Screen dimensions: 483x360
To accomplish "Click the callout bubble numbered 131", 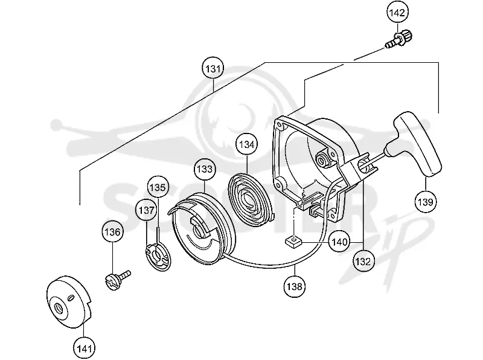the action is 213,68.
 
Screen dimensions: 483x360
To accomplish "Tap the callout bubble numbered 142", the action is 397,13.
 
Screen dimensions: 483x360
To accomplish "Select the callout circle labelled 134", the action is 247,144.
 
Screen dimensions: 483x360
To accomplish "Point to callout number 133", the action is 205,169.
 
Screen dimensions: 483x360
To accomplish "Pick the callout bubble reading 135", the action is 158,187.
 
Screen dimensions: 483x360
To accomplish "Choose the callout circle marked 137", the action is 146,210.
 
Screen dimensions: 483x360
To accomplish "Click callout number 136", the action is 112,232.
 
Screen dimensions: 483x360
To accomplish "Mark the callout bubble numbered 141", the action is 84,349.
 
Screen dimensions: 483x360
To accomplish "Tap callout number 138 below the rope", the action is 295,286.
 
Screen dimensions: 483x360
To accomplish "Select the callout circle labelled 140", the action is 339,242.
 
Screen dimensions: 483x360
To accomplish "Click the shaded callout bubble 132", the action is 363,262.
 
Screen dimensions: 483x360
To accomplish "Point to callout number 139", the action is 426,202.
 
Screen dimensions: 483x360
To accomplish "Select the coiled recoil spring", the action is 251,198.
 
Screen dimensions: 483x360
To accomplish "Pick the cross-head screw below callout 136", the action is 117,279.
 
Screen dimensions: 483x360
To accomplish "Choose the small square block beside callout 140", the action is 293,241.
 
